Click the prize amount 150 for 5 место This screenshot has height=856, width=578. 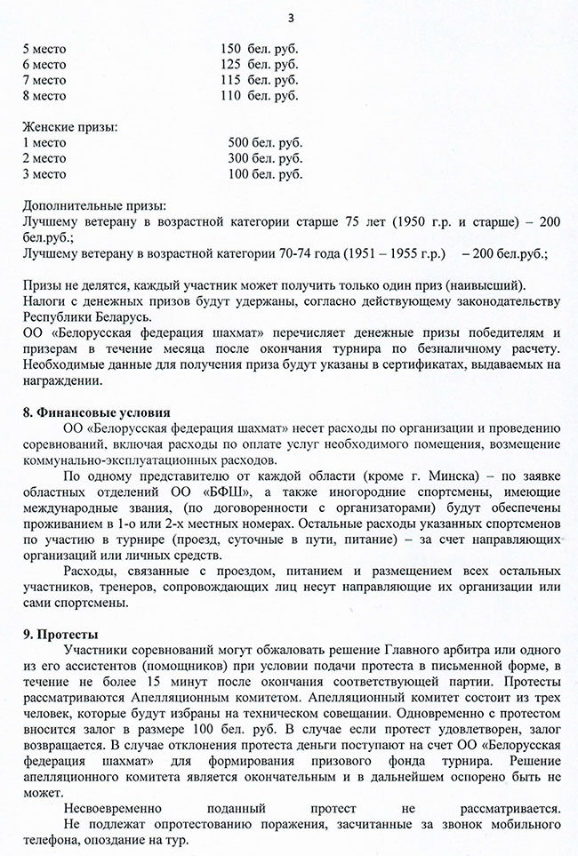pos(230,48)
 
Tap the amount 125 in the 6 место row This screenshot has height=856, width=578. pos(230,64)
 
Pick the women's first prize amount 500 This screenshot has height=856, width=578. pos(238,143)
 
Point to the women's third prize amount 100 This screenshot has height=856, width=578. pos(238,174)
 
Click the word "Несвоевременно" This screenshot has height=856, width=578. pos(121,809)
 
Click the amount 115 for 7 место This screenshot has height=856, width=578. pos(230,80)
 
